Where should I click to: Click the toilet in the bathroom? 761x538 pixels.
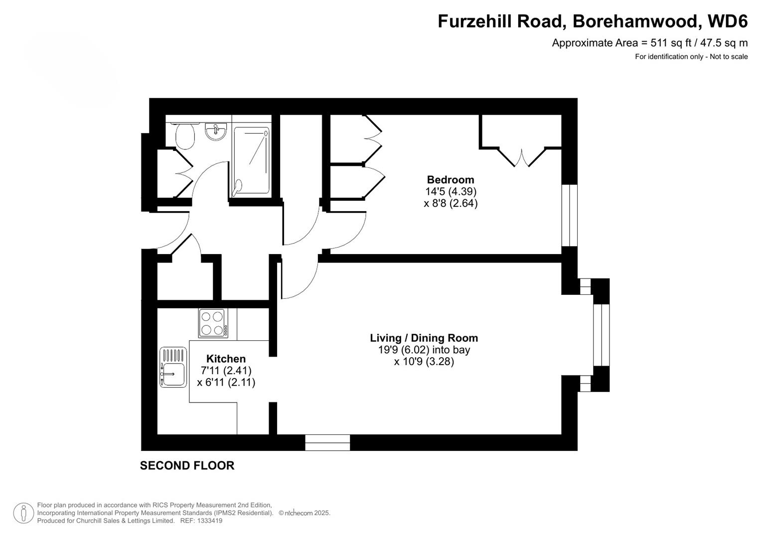[x=185, y=135]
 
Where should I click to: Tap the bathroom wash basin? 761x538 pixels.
[x=216, y=132]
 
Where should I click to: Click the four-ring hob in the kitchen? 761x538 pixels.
[x=213, y=323]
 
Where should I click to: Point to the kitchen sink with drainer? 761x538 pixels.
[x=173, y=367]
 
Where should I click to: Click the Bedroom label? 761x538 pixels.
[x=451, y=180]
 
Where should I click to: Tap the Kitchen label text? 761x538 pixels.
[x=226, y=359]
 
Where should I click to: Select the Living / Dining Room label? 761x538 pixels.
[x=424, y=338]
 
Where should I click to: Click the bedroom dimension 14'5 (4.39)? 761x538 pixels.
[x=451, y=191]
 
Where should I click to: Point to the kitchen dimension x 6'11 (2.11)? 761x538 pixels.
[x=226, y=383]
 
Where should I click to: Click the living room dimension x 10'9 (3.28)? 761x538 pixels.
[x=424, y=362]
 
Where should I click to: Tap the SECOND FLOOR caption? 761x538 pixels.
[x=187, y=466]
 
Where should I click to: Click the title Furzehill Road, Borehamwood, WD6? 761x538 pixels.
[x=593, y=21]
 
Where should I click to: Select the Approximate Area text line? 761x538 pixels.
[x=649, y=43]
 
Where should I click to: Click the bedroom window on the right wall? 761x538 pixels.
[x=570, y=216]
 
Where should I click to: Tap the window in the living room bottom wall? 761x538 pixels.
[x=327, y=442]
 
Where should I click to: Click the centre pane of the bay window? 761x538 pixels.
[x=601, y=335]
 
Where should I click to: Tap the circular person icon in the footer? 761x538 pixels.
[x=23, y=513]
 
